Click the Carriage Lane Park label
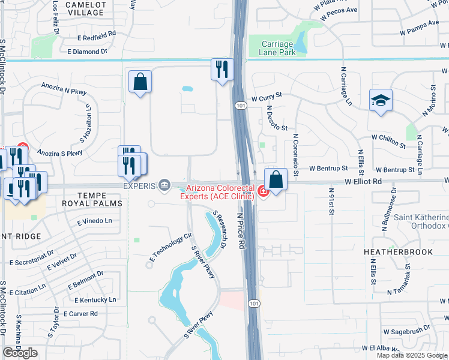click(277, 48)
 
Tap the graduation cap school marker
click(381, 100)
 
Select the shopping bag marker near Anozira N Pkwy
click(140, 83)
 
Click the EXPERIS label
click(140, 185)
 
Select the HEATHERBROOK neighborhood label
click(398, 252)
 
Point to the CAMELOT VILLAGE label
click(85, 8)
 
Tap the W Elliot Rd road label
click(363, 181)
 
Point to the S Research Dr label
click(220, 230)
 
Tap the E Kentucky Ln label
click(95, 299)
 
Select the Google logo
click(20, 353)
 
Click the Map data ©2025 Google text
click(412, 355)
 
